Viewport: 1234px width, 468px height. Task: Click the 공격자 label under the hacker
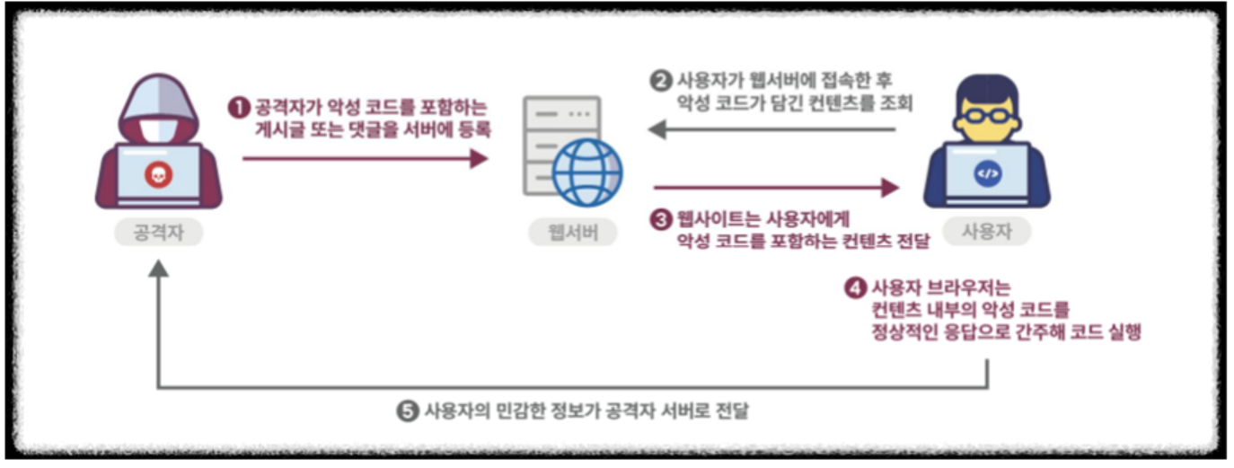[x=158, y=233]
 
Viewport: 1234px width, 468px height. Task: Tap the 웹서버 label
[x=573, y=233]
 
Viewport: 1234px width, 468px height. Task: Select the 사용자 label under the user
[x=985, y=233]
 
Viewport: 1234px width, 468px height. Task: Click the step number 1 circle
[x=238, y=108]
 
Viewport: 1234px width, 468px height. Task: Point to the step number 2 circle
[x=660, y=80]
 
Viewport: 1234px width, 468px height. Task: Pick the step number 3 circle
[x=660, y=217]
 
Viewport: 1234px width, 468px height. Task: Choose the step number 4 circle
[x=855, y=289]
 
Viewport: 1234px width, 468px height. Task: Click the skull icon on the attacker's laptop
[x=158, y=174]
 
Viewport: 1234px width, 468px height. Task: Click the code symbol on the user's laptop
[x=986, y=174]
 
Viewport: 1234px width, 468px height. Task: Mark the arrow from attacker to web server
[x=364, y=159]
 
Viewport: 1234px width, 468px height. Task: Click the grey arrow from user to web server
[x=772, y=130]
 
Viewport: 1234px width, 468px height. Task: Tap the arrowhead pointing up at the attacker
[x=158, y=269]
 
